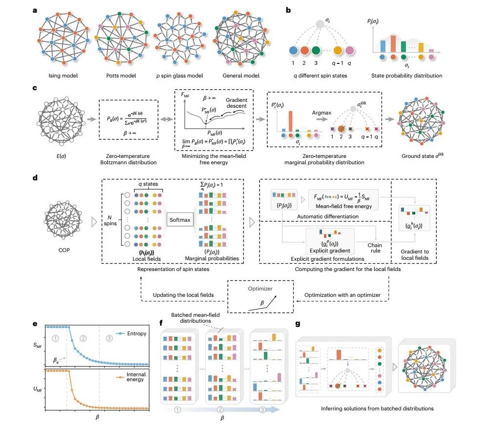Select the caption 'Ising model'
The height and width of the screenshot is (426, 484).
[x=63, y=76]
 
